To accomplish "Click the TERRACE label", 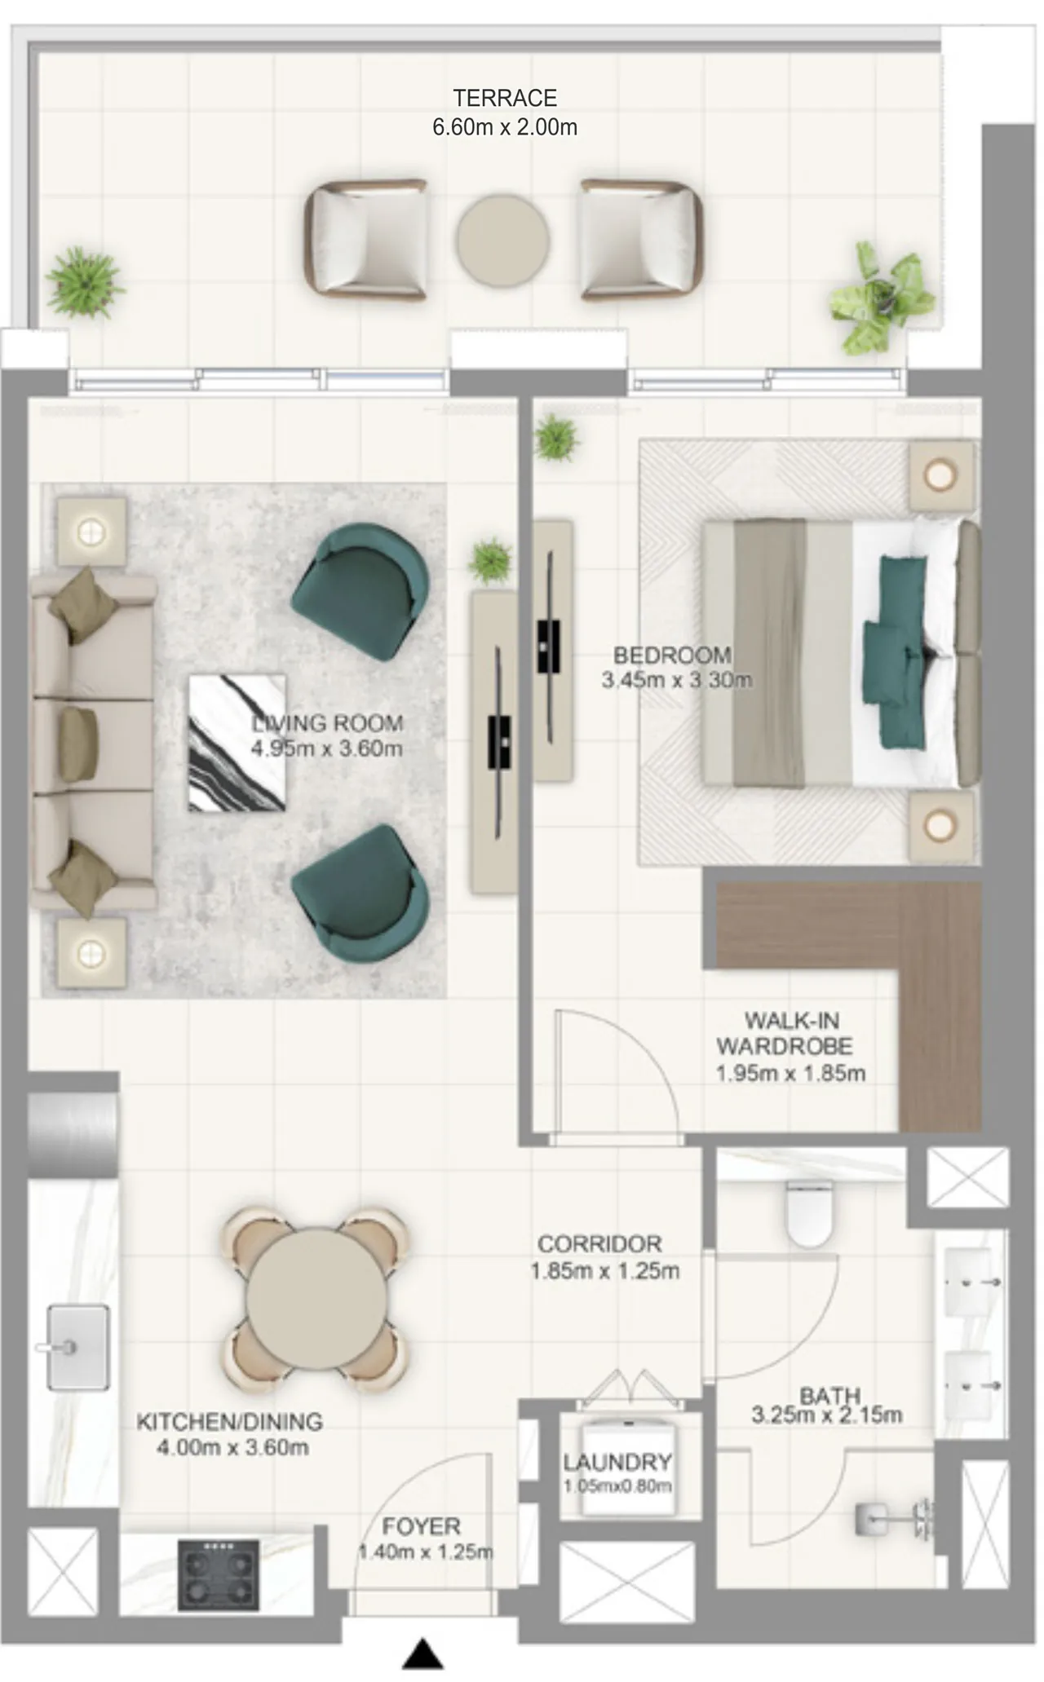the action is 505,98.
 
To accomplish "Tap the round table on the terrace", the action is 502,239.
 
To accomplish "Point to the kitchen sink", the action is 77,1347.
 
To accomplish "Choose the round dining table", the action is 316,1299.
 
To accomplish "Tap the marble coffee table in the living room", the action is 237,743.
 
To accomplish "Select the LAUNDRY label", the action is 617,1462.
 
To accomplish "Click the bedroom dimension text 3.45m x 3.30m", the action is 677,680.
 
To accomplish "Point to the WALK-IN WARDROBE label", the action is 785,1033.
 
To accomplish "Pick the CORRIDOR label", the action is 599,1244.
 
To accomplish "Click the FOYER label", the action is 422,1526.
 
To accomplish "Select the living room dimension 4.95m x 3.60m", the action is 326,748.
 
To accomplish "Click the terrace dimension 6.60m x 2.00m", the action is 505,127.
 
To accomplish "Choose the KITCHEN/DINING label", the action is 229,1422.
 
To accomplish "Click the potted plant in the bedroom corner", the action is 557,436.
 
